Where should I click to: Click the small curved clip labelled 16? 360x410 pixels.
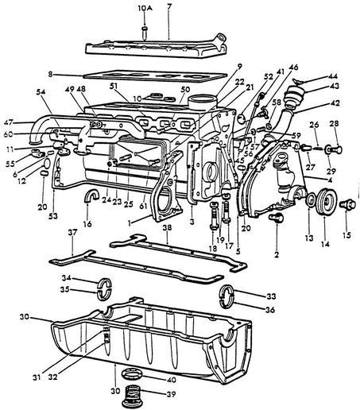(x=91, y=196)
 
